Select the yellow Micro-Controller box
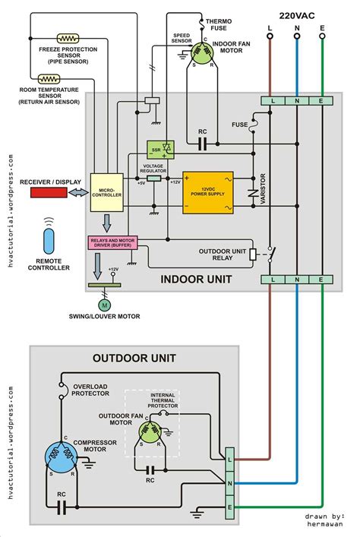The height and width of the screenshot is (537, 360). click(x=106, y=193)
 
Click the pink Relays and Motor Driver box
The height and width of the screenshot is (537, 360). click(x=111, y=243)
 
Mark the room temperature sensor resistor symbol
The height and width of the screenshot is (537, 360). click(x=49, y=77)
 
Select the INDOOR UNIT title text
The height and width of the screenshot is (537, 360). click(x=196, y=280)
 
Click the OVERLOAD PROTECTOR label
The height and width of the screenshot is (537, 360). click(x=90, y=390)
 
